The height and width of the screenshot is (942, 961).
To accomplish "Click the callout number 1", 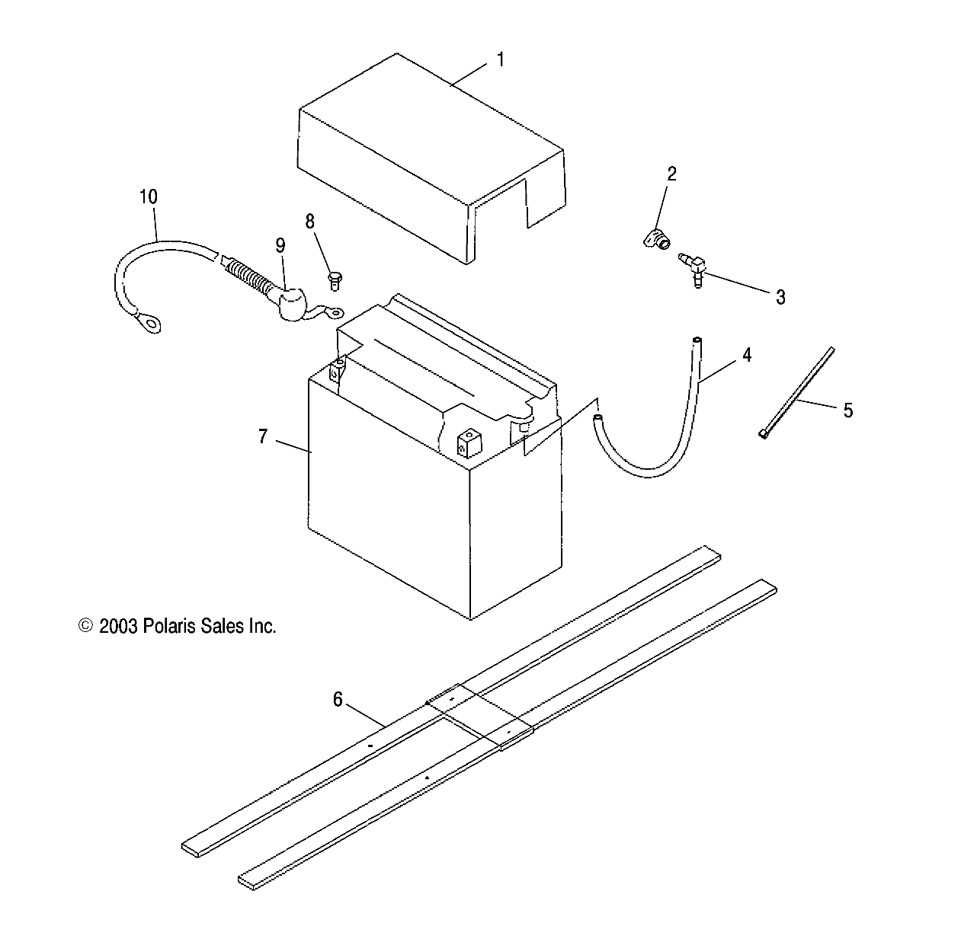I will (x=501, y=59).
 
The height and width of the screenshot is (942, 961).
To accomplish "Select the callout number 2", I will (x=671, y=174).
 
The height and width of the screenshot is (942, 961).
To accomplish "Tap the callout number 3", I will (x=780, y=297).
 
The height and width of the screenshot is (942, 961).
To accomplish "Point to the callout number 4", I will (x=747, y=355).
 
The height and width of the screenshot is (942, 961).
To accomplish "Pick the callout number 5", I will (x=847, y=410).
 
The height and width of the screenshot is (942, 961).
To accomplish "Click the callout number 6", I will (x=338, y=698).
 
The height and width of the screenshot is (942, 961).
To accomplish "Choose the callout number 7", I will (x=262, y=437).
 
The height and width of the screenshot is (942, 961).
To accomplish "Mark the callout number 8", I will (x=309, y=222).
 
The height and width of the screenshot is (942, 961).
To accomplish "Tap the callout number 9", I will (x=280, y=245).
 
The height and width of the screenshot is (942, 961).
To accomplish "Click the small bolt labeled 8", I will (x=334, y=280).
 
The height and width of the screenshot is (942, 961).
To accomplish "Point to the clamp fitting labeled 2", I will (x=655, y=241).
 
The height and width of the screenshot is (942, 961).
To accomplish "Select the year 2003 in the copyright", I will (x=118, y=626).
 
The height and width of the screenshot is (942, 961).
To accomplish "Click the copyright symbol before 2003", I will (x=86, y=626).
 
